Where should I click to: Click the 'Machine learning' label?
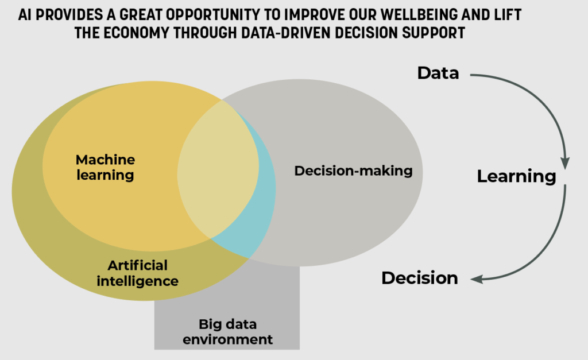tap(106, 167)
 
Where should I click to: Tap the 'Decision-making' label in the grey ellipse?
tap(353, 171)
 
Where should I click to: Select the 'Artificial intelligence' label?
tap(138, 273)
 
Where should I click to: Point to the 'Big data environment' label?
tap(227, 331)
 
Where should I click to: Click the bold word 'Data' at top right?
tap(438, 73)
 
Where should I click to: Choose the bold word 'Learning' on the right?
tap(516, 176)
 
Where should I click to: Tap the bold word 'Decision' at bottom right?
tap(420, 278)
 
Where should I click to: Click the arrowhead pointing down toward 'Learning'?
tap(565, 164)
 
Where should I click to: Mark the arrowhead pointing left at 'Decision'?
tap(477, 280)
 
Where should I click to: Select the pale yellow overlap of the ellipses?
tap(218, 171)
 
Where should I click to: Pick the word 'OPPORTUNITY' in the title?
tap(213, 15)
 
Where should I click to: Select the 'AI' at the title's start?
tap(24, 15)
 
